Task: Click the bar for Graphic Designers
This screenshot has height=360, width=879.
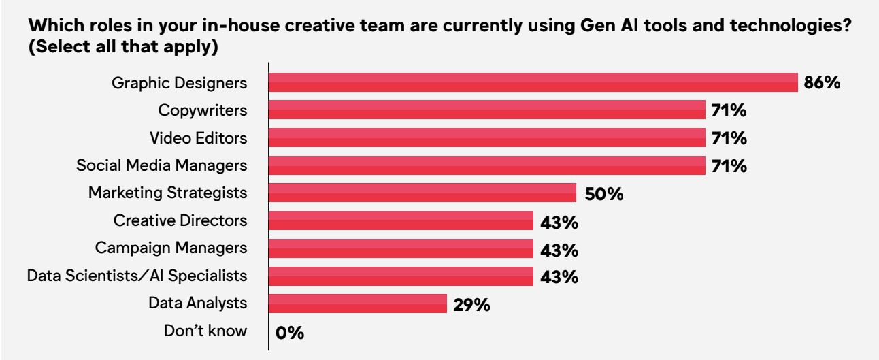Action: (x=533, y=83)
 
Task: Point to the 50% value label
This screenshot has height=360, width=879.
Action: (x=604, y=195)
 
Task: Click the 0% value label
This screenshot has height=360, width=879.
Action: (x=289, y=333)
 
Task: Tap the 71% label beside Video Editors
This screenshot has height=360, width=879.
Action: (x=729, y=139)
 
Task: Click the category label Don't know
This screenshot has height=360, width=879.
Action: (x=205, y=332)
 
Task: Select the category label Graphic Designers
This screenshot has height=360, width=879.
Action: (x=179, y=84)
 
